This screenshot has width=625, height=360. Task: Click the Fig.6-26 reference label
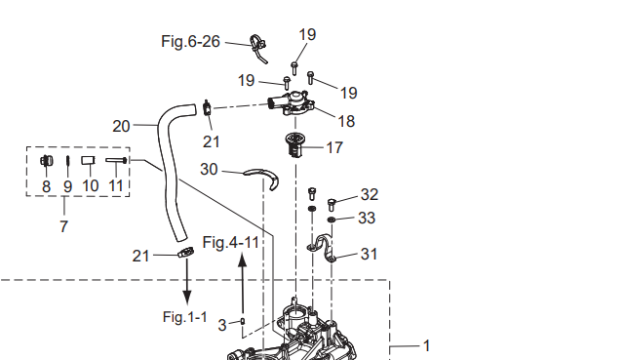[x=190, y=41]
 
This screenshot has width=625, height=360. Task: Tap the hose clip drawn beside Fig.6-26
[x=257, y=47]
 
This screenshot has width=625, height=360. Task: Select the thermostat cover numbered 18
[x=292, y=102]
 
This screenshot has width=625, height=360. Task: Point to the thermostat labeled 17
[x=295, y=145]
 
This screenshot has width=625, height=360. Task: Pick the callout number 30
[x=209, y=170]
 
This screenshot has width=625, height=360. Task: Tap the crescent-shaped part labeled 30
[x=263, y=176]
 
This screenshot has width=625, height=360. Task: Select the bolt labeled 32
[x=332, y=205]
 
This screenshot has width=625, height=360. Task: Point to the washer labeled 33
[x=332, y=220]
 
